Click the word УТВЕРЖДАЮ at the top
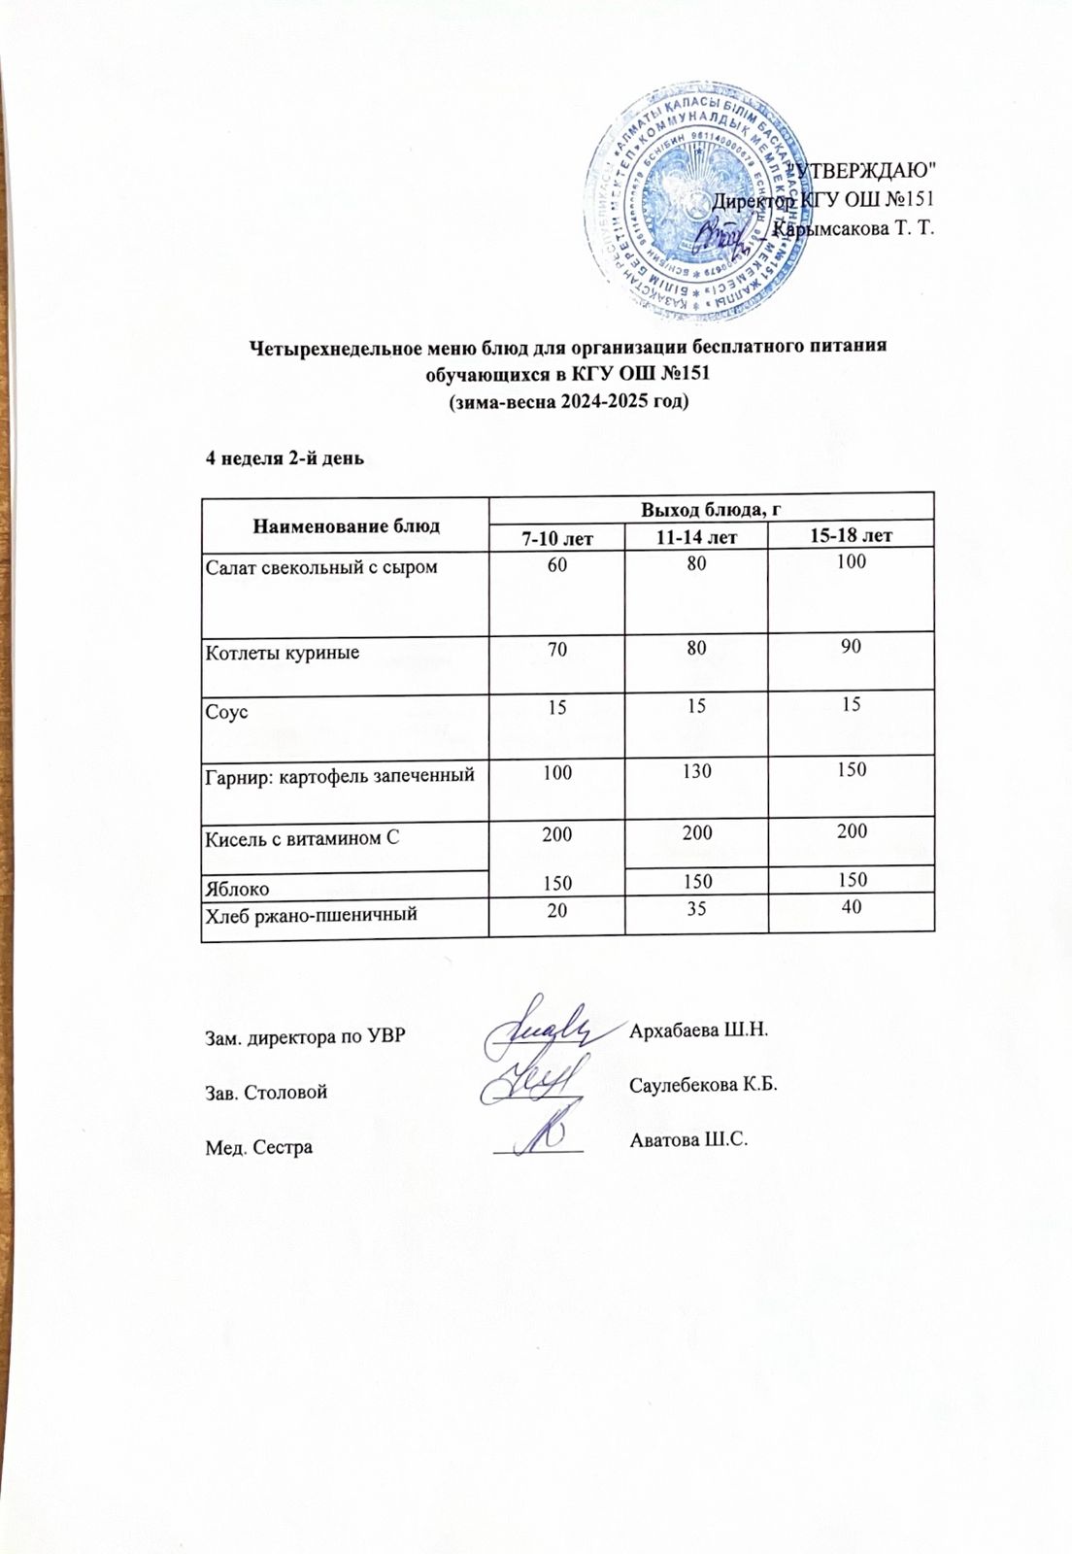click(x=864, y=171)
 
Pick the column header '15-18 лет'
click(x=851, y=535)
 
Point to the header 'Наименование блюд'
click(x=345, y=525)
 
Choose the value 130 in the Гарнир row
click(x=696, y=771)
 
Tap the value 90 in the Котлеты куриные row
click(x=852, y=646)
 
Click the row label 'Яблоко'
click(x=238, y=887)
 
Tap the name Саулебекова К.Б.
click(x=704, y=1085)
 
